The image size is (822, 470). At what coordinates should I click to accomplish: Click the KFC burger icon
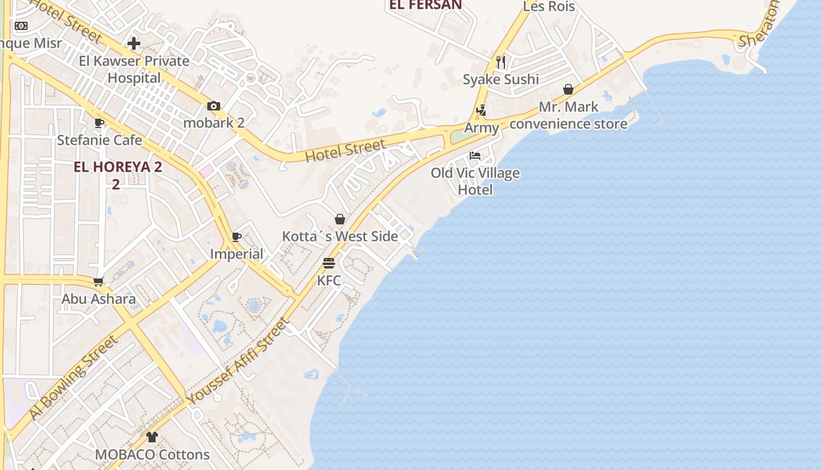click(x=328, y=263)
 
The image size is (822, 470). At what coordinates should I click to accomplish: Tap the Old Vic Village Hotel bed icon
click(x=475, y=156)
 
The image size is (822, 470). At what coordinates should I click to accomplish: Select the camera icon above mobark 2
click(x=214, y=106)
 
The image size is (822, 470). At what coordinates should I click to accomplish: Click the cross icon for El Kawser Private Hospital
click(x=134, y=43)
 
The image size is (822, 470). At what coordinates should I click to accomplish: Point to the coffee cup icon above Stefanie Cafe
click(x=99, y=123)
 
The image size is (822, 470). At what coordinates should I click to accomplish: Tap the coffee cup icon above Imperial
click(x=237, y=237)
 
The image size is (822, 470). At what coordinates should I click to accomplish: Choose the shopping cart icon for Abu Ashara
click(x=99, y=281)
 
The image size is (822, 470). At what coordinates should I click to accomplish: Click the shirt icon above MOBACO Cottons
click(x=152, y=437)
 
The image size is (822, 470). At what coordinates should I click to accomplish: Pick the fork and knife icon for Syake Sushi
click(x=501, y=62)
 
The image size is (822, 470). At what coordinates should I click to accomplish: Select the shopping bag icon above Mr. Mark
click(x=568, y=89)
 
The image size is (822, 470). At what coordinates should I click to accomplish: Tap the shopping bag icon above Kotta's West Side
click(x=340, y=219)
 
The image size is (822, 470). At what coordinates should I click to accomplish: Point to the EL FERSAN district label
click(x=426, y=5)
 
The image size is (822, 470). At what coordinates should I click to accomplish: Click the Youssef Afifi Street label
click(x=238, y=361)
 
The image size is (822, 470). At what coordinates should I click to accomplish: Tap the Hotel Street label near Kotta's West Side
click(x=345, y=150)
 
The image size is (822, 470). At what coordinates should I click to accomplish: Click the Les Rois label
click(x=548, y=6)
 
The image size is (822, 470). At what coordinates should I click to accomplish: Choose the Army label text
click(x=481, y=127)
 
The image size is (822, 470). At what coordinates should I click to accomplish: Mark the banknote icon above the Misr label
click(x=21, y=26)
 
